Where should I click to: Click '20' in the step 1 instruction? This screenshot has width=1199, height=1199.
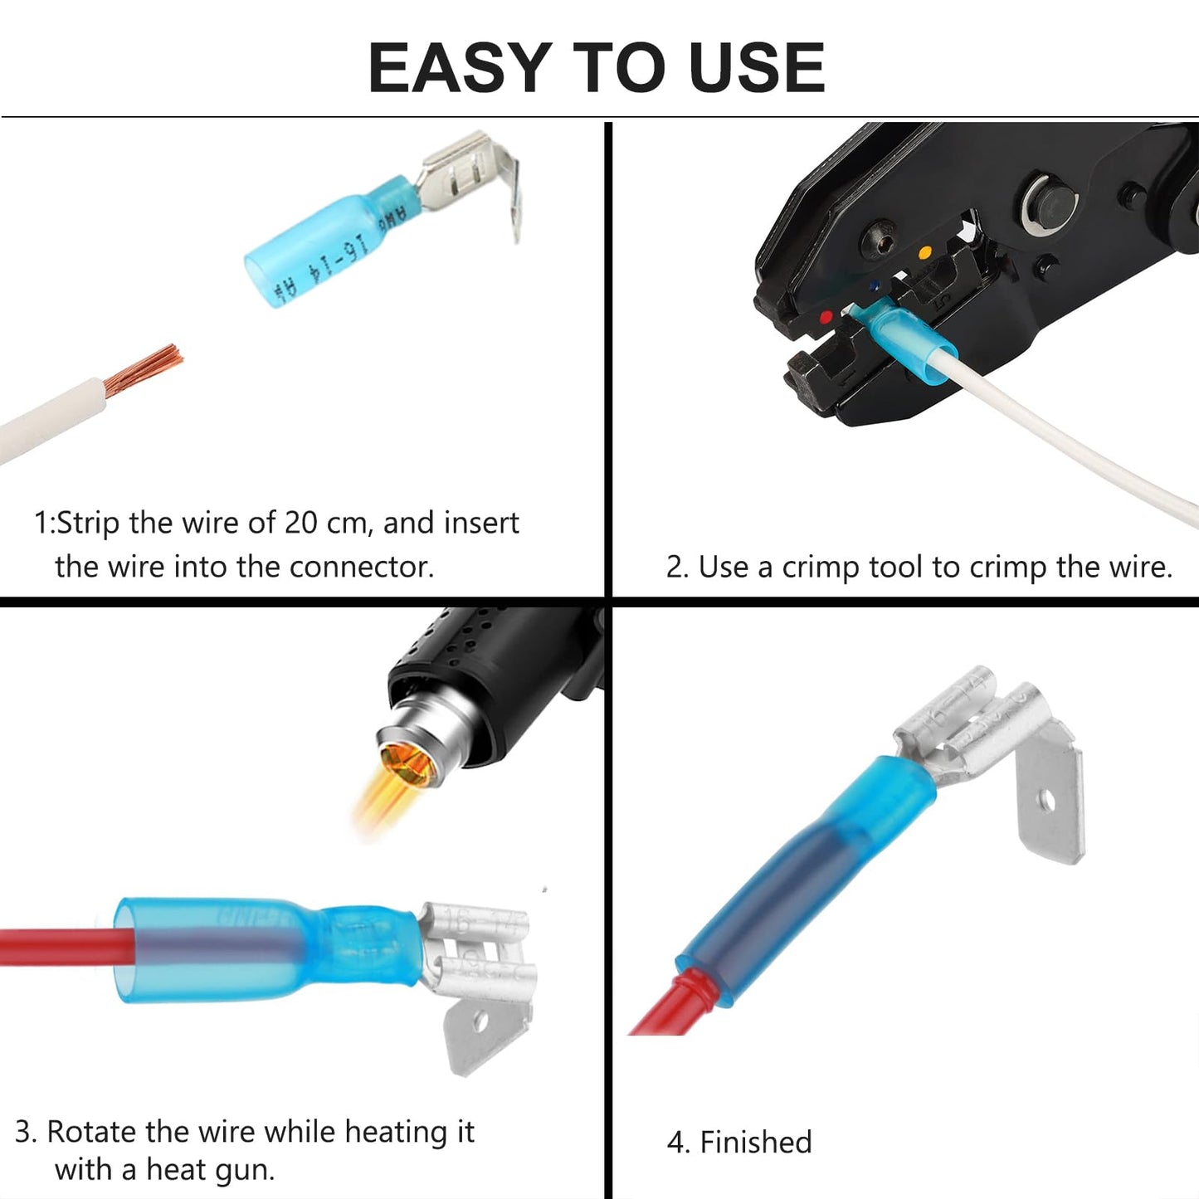coord(300,523)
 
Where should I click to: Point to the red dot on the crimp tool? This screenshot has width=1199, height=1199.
coord(825,317)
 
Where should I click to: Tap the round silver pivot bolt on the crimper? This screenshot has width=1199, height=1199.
coord(1048,200)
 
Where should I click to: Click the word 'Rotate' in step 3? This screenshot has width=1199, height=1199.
coord(91,1132)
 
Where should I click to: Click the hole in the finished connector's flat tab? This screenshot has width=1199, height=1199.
coord(1047,802)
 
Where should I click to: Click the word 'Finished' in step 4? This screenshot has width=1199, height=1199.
coord(755,1143)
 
